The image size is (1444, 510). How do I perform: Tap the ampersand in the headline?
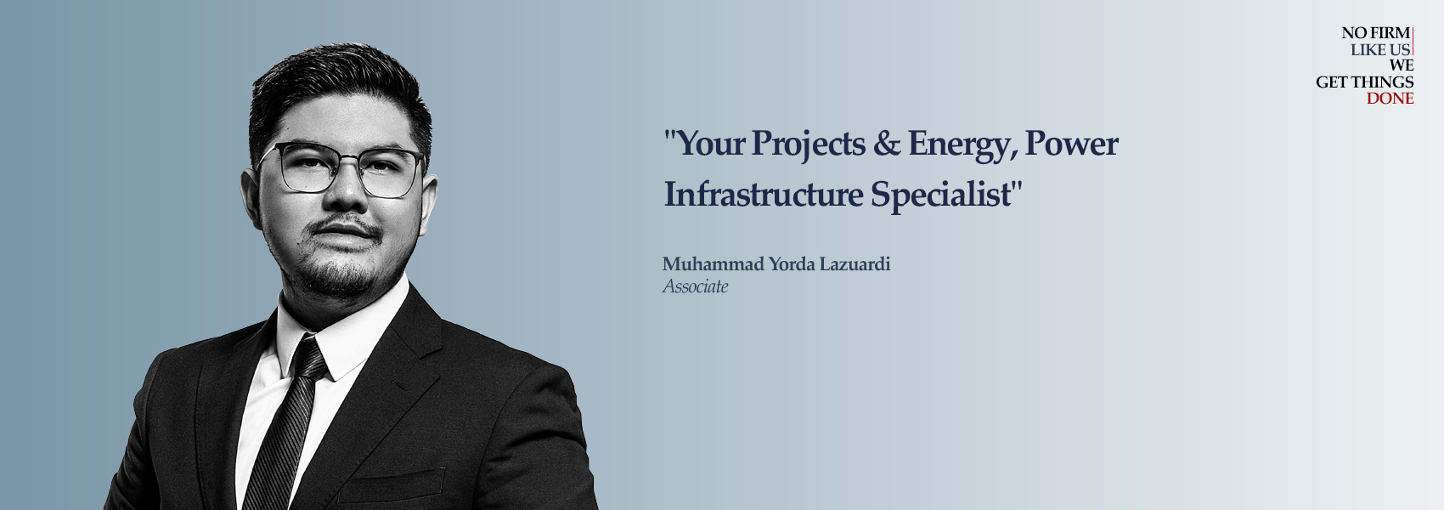click(887, 143)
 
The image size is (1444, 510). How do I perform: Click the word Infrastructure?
click(764, 194)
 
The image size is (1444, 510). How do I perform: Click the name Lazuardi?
click(855, 263)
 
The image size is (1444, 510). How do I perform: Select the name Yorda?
click(792, 263)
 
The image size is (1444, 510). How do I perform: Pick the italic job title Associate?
click(696, 286)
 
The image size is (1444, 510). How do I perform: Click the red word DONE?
click(1390, 99)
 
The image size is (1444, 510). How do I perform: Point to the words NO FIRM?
click(1376, 33)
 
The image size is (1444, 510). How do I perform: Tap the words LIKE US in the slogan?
click(1381, 49)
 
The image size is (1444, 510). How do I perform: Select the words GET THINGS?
click(1365, 82)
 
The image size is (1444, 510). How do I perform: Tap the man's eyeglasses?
click(341, 169)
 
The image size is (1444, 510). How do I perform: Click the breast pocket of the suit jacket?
click(392, 484)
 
